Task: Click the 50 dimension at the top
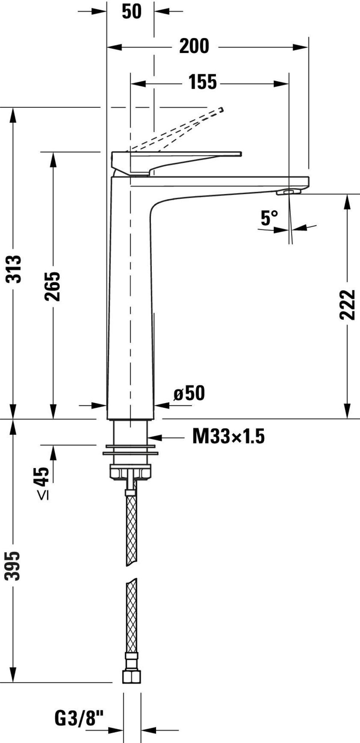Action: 131,11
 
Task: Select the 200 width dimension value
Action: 194,46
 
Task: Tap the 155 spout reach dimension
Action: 203,82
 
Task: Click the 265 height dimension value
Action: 52,286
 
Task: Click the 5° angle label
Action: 268,217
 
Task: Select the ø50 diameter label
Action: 189,393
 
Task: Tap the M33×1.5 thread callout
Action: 228,436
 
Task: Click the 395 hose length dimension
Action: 14,566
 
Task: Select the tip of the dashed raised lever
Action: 221,111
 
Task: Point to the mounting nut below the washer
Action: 131,472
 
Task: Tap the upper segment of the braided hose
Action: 131,525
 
